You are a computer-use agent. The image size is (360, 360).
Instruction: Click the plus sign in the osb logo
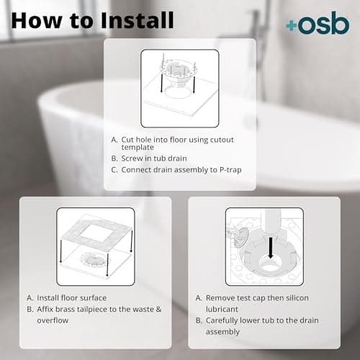291,26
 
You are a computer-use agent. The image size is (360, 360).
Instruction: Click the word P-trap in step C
225,170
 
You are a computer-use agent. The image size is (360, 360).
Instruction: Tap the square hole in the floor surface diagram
94,233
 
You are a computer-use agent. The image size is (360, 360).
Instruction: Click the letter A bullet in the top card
114,139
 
